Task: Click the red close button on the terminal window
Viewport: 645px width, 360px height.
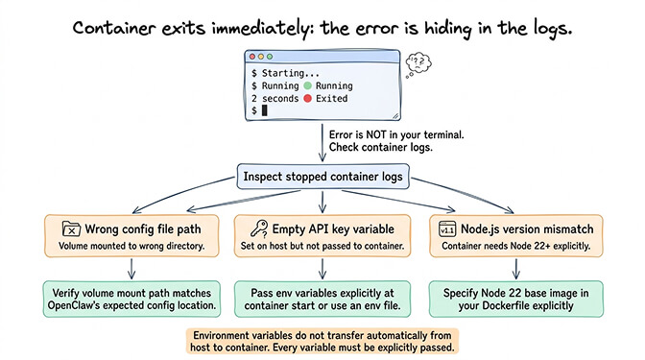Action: coord(252,58)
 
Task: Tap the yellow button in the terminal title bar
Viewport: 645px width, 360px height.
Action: coord(261,58)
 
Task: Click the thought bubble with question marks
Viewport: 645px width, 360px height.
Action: coord(418,62)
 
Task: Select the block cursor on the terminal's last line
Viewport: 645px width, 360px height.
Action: coord(264,111)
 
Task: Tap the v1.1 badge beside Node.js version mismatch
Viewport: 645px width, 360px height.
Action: coord(446,229)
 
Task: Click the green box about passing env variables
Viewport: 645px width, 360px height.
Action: coord(323,298)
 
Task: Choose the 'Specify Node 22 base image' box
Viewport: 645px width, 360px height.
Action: coord(516,298)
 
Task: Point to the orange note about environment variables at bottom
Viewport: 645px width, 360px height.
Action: coord(322,341)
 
